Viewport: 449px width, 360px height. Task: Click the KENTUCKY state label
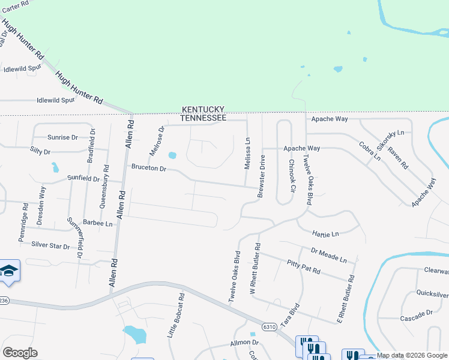[x=203, y=109]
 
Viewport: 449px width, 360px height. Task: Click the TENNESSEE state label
[x=204, y=118]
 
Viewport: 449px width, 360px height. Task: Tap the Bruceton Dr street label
[x=148, y=169]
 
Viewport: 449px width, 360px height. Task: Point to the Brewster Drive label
[x=262, y=176]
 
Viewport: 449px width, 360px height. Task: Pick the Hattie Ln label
[x=326, y=233]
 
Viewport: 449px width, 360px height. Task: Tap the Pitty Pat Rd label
[x=303, y=267]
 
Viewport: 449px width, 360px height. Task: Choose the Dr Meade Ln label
[x=329, y=256]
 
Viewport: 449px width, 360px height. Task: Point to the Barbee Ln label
[x=98, y=223]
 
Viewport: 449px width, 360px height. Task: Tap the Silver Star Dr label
[x=50, y=245]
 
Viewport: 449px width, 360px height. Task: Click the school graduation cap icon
[x=9, y=272]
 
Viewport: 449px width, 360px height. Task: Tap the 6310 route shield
[x=270, y=327]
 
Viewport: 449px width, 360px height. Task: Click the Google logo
[x=20, y=353]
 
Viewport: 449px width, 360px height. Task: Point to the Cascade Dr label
[x=417, y=313]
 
